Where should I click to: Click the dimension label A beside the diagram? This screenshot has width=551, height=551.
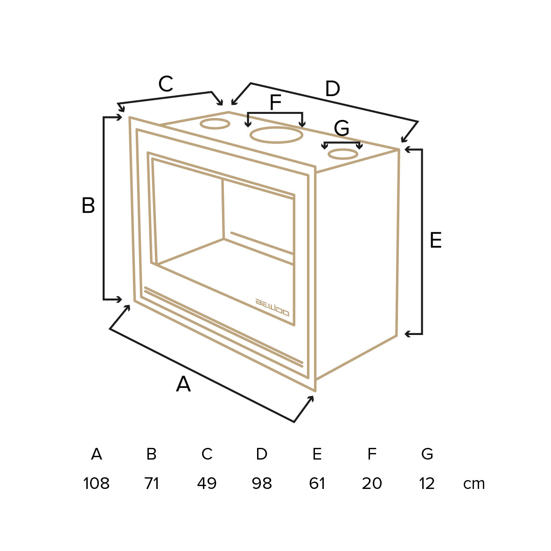[183, 384]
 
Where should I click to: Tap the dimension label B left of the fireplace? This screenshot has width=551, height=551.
[88, 205]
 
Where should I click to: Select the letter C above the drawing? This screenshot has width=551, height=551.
[166, 84]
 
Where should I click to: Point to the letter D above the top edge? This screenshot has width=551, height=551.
[333, 89]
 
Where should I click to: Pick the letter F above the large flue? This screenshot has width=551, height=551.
[275, 102]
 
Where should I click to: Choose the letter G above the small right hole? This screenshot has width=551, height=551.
[342, 128]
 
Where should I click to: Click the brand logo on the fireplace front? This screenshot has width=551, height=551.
[272, 307]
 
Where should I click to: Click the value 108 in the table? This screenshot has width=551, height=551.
[96, 483]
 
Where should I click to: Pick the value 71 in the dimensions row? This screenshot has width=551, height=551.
[152, 483]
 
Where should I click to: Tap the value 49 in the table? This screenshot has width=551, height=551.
[207, 483]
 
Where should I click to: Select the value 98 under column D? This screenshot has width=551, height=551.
[262, 483]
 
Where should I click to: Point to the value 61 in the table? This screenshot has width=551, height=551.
[317, 483]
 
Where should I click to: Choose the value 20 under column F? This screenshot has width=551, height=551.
[372, 483]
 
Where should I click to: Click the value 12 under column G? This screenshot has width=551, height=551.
[427, 483]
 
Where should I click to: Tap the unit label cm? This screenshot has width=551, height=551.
[474, 484]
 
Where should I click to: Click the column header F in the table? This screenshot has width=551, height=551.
[372, 453]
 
